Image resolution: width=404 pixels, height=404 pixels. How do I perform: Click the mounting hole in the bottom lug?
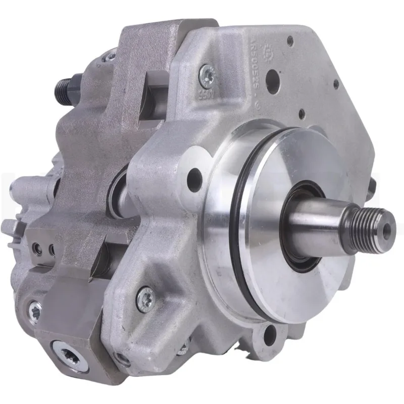click(270, 334)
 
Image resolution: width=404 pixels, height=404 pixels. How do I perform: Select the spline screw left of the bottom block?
click(34, 309)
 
